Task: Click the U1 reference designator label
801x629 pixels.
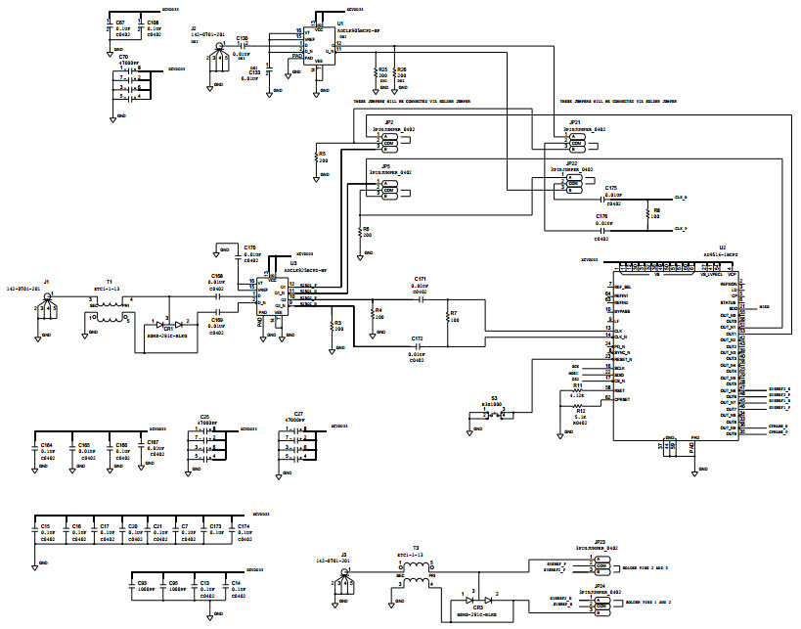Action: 340,22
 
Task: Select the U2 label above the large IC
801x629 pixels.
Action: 723,247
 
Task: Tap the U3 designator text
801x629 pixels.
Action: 292,263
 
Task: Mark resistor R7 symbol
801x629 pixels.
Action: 447,319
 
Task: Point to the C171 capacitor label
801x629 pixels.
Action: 420,279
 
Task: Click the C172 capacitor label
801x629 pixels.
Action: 418,338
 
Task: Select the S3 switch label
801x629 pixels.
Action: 495,397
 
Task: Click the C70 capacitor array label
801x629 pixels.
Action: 123,58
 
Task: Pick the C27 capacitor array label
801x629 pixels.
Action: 298,414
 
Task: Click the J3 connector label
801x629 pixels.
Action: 344,554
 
